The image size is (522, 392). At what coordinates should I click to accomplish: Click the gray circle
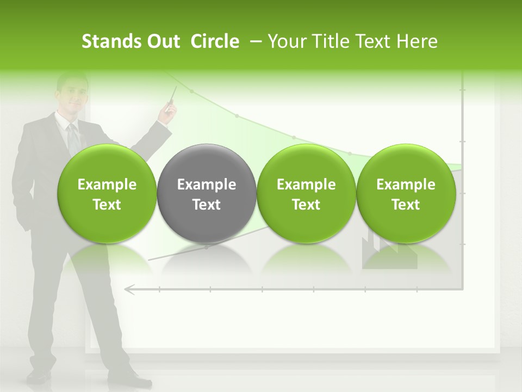[x=207, y=194]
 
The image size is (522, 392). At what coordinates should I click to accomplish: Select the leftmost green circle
[x=107, y=194]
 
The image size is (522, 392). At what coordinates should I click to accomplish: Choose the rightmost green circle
[x=406, y=194]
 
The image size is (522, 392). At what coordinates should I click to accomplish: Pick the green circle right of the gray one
[x=306, y=194]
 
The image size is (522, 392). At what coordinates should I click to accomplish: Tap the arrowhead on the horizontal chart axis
[x=129, y=290]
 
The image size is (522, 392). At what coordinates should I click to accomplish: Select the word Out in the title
[x=163, y=41]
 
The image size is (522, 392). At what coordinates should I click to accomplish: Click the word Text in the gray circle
[x=207, y=205]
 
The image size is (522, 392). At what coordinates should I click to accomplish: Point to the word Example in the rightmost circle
[x=406, y=185]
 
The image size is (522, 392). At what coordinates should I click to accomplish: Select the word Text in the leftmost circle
[x=107, y=205]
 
